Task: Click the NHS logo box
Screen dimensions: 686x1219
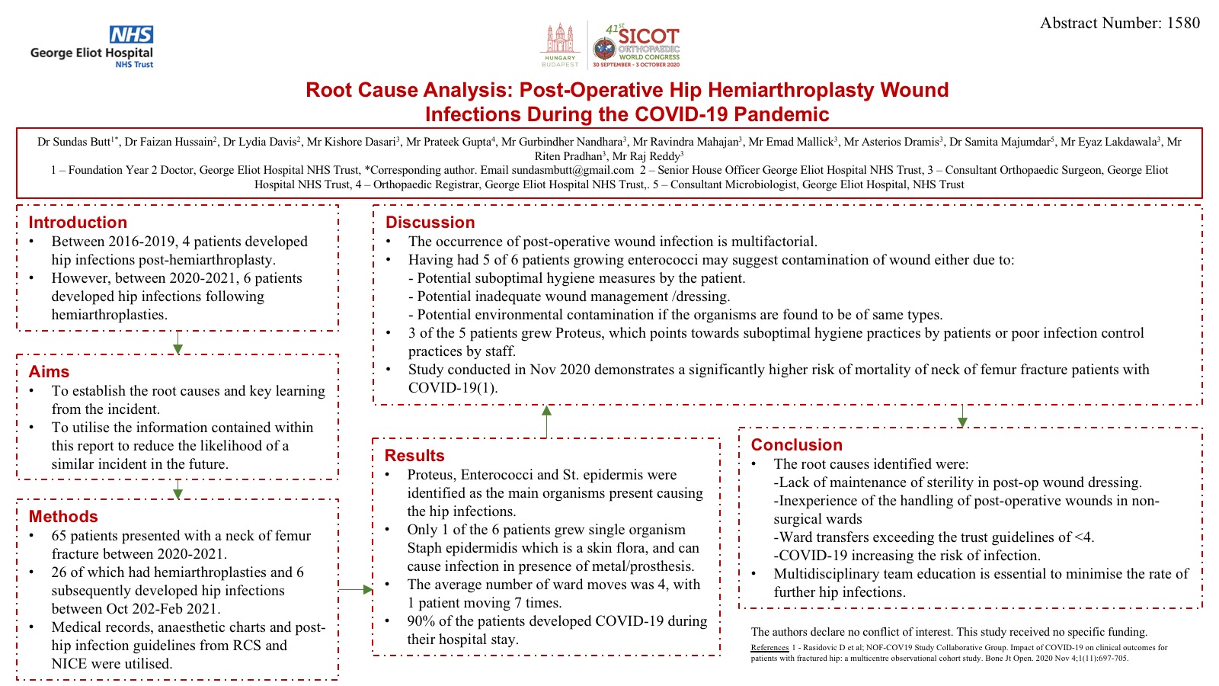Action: tap(131, 35)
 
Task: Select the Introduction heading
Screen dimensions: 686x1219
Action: tap(78, 223)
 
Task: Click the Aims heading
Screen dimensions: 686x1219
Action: tap(49, 372)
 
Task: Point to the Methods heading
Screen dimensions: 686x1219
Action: tap(63, 517)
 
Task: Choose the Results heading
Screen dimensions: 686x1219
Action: tap(414, 456)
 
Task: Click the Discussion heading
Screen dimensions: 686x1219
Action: tap(430, 223)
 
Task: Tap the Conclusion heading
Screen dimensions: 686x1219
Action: tap(796, 445)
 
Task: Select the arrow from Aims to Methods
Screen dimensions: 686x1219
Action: tap(178, 489)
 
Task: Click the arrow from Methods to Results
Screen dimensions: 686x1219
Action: tap(356, 589)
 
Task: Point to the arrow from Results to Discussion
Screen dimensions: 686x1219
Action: tap(546, 421)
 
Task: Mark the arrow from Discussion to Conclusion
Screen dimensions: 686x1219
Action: tap(962, 416)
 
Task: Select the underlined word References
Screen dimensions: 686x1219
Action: tap(769, 648)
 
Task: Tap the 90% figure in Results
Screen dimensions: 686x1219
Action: tap(421, 621)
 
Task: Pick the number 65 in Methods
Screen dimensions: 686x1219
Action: tap(59, 536)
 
